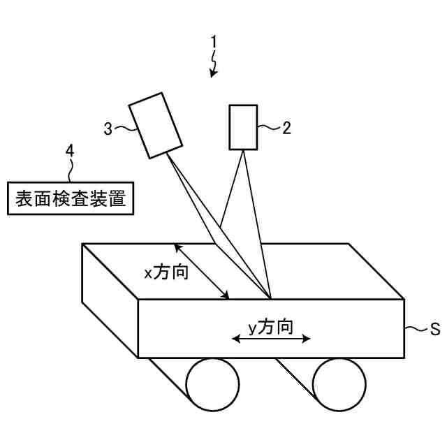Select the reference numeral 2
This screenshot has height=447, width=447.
[286, 128]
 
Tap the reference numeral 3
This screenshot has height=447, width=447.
[108, 128]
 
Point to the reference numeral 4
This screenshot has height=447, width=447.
[69, 149]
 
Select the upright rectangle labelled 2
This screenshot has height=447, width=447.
[243, 127]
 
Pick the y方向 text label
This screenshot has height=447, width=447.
[270, 326]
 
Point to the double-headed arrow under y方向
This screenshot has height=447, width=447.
[271, 340]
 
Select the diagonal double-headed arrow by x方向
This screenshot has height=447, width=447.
[202, 272]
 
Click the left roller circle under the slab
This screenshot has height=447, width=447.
[212, 385]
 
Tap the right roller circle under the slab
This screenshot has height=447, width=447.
[339, 385]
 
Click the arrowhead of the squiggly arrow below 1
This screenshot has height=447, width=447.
[213, 71]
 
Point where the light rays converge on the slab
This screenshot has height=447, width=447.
[270, 296]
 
